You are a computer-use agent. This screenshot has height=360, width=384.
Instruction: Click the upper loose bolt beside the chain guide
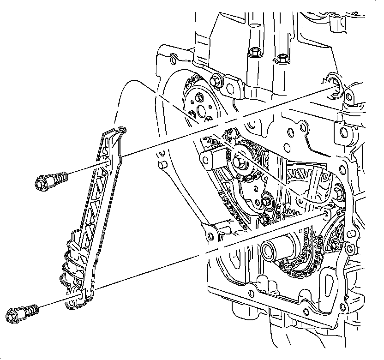pyautogui.click(x=50, y=180)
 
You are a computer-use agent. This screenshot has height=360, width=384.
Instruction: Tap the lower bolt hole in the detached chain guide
pyautogui.click(x=78, y=294)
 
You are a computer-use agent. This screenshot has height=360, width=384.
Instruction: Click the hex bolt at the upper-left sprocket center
pyautogui.click(x=200, y=98)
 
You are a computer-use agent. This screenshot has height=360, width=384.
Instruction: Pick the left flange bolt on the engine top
pyautogui.click(x=253, y=53)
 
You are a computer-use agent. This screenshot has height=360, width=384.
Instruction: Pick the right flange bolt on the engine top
pyautogui.click(x=281, y=59)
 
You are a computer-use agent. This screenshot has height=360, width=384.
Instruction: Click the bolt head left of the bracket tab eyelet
pyautogui.click(x=216, y=81)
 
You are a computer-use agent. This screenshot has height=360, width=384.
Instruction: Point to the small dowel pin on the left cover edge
pyautogui.click(x=162, y=165)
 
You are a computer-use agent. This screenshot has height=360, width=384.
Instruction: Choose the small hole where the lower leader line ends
pyautogui.click(x=327, y=213)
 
